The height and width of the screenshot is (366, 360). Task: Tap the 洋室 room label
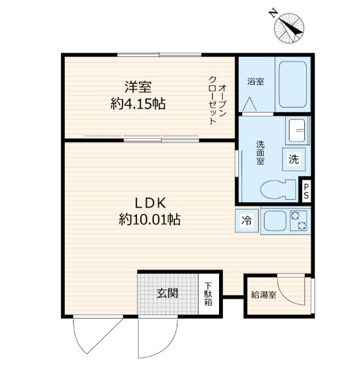(x=138, y=86)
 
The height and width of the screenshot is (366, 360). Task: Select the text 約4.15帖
(x=138, y=103)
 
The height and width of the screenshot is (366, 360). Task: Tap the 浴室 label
(x=256, y=81)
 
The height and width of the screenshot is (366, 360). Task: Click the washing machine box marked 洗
(x=293, y=159)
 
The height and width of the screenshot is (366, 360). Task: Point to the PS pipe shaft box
(x=307, y=190)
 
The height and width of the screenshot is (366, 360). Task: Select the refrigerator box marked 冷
(x=247, y=221)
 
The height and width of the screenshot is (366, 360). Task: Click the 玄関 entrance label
(x=167, y=294)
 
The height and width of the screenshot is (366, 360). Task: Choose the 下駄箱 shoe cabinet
(x=209, y=294)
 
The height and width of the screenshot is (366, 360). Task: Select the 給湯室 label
(x=263, y=295)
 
